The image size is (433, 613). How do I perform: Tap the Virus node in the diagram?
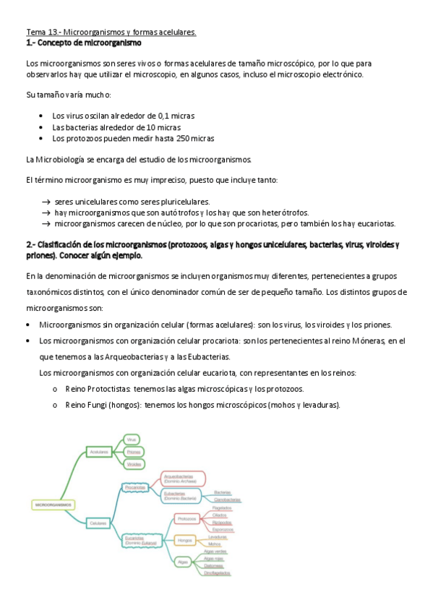(x=132, y=439)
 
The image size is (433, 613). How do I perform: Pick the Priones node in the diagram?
(x=133, y=452)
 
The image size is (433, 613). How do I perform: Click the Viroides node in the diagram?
(x=134, y=465)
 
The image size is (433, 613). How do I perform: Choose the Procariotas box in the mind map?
(x=135, y=487)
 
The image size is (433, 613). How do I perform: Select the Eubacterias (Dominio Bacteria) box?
(x=180, y=497)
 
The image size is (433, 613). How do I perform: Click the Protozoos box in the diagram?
(x=187, y=519)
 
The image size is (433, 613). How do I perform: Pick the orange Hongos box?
(x=185, y=540)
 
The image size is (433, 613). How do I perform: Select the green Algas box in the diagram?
(x=184, y=561)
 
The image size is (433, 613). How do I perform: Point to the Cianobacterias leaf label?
(x=227, y=500)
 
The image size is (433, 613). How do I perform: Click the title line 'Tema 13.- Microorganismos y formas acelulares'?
(x=111, y=33)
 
